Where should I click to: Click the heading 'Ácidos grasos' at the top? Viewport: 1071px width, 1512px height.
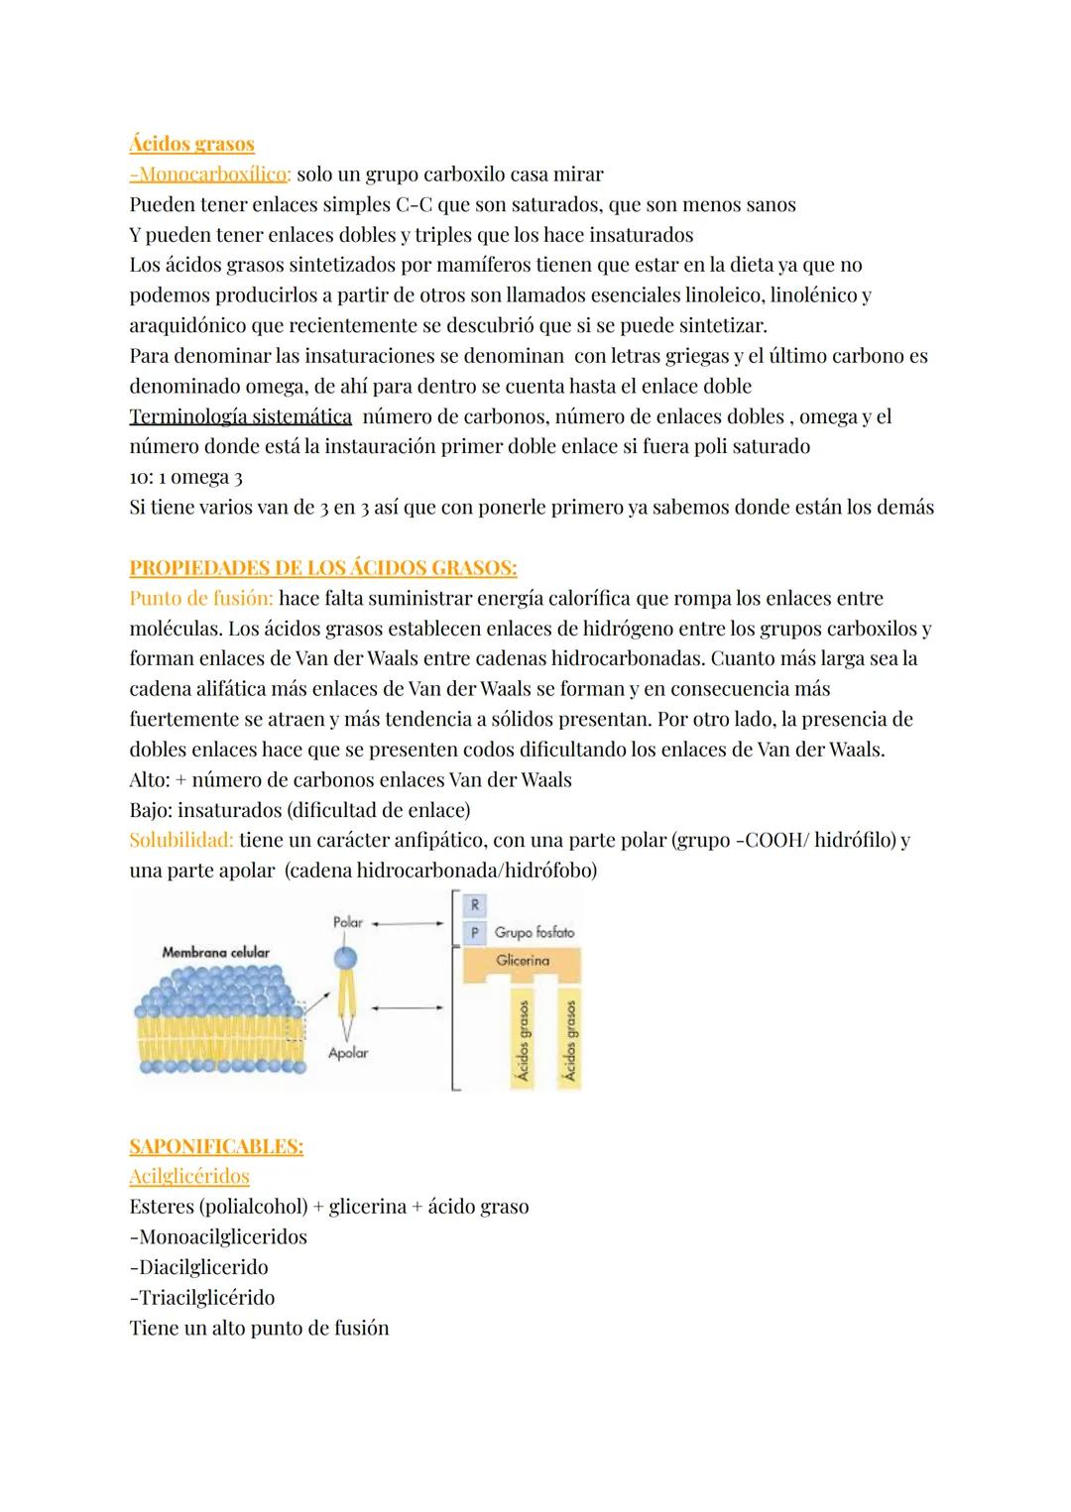coord(191,144)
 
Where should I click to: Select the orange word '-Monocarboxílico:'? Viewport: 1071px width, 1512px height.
coord(210,174)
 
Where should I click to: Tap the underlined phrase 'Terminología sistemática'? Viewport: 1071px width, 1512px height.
coord(240,416)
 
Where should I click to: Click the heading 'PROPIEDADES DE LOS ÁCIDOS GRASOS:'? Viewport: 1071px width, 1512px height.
coord(322,568)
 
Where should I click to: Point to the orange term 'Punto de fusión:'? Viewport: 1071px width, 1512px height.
coord(201,598)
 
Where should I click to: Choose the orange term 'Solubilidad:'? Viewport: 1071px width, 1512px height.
coord(181,840)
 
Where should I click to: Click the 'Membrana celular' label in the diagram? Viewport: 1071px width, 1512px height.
coord(215,952)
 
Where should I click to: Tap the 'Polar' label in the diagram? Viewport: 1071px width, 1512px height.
coord(347,922)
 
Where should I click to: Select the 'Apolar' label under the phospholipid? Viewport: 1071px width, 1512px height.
coord(348,1053)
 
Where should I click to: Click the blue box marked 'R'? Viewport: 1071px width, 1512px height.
coord(475,904)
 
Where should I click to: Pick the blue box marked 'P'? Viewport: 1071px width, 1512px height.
coord(475,932)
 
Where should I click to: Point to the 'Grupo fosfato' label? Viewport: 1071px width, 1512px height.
coord(534,932)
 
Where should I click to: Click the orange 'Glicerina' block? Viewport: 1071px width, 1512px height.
coord(523,961)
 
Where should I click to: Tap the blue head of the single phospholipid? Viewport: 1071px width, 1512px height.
coord(346,956)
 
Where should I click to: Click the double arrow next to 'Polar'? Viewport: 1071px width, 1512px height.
coord(408,922)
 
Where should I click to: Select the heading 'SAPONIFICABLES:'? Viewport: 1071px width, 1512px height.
coord(216,1146)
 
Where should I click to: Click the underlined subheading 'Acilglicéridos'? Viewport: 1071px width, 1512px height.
coord(189,1177)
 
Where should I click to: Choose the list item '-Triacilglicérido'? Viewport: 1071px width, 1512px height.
coord(202,1298)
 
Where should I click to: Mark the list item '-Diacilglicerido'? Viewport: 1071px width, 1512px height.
coord(198,1267)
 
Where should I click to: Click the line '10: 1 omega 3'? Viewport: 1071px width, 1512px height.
coord(186,477)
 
